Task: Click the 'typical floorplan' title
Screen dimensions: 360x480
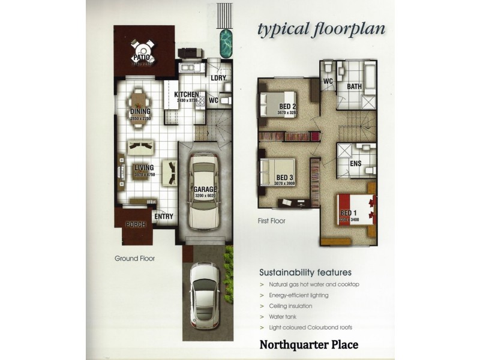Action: coord(321,29)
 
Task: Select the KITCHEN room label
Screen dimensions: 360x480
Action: coord(186,95)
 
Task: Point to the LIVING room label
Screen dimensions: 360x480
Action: coord(144,168)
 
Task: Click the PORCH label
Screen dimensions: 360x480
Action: coord(136,225)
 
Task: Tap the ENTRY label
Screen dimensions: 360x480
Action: coord(164,216)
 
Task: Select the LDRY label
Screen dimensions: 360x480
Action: coord(218,77)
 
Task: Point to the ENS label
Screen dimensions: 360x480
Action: coord(355,163)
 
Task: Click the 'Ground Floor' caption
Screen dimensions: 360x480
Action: coord(135,259)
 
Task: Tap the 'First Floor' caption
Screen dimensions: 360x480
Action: coord(272,221)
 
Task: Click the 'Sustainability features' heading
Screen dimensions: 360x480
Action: coord(305,272)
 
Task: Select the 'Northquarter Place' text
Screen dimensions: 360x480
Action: coord(308,344)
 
